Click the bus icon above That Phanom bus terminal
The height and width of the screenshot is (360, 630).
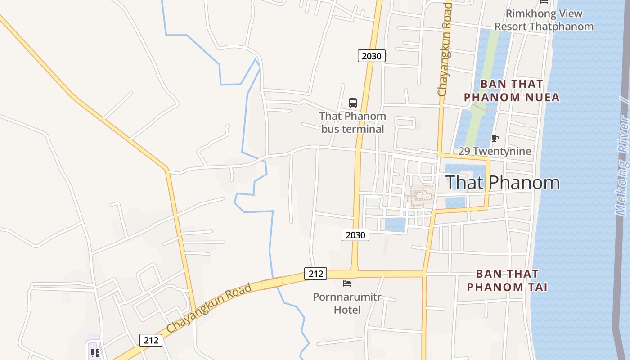(353, 103)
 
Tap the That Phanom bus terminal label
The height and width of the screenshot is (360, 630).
(352, 122)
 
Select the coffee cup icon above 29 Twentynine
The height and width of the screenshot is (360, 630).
(495, 139)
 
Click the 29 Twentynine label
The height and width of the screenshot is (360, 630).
(495, 151)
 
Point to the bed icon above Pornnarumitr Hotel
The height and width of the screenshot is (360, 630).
(347, 283)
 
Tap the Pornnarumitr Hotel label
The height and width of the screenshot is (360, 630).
(347, 303)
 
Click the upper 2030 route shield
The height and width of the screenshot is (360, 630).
(372, 56)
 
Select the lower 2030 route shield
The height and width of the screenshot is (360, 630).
(355, 235)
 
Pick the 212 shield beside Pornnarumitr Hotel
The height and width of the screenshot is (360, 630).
(315, 274)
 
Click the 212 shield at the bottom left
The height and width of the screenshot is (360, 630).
(151, 340)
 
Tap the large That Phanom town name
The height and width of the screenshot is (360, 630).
(502, 182)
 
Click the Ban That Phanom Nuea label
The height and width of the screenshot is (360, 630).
(512, 90)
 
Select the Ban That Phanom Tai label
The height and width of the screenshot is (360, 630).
(507, 280)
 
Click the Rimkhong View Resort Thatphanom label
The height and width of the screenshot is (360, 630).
(544, 20)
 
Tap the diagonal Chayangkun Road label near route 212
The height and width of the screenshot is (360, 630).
(209, 309)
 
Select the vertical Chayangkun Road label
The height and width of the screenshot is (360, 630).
(444, 49)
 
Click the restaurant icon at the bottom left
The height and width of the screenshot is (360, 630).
(95, 353)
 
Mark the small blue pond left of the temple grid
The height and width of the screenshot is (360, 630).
(395, 225)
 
